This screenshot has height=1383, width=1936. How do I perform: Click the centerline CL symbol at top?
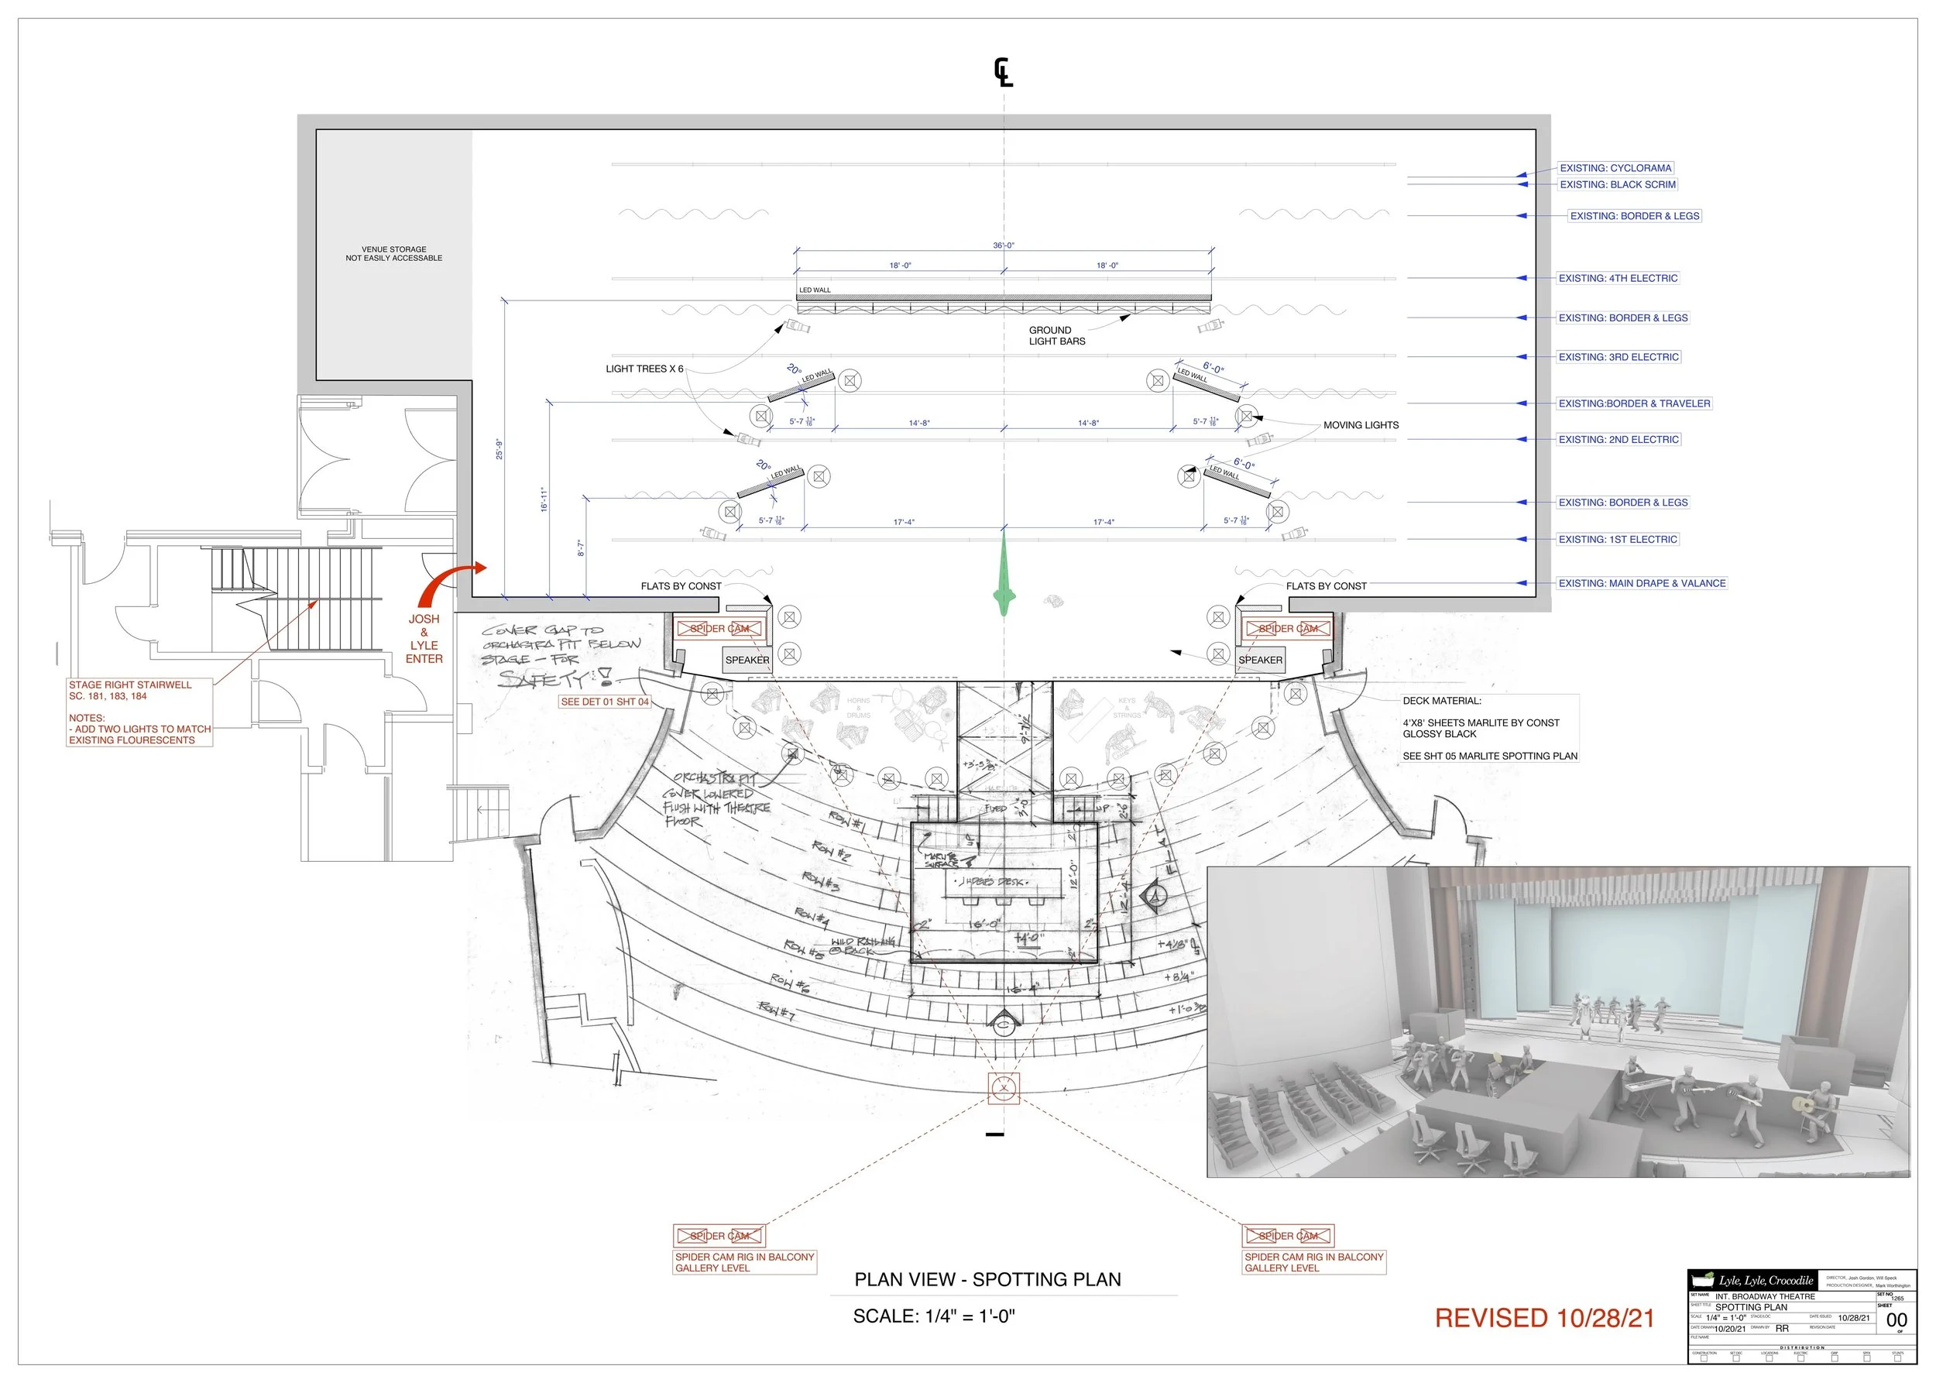(1004, 72)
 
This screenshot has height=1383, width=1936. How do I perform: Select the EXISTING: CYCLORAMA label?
(1615, 168)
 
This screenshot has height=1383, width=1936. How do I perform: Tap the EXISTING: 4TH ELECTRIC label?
(1618, 279)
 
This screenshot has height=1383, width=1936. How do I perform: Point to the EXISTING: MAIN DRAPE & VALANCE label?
(1641, 583)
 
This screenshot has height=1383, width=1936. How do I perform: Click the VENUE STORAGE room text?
(393, 254)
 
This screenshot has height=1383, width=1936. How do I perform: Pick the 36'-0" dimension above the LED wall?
(1004, 245)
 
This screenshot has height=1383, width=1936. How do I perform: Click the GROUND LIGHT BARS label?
(1056, 335)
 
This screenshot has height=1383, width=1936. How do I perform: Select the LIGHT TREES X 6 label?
(644, 369)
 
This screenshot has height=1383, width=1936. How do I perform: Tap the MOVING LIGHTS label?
(1360, 425)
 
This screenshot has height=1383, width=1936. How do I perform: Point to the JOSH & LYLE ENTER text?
(424, 639)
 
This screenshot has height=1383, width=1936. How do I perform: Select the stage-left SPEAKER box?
(1260, 660)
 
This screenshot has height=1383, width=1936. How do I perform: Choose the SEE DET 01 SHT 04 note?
(604, 702)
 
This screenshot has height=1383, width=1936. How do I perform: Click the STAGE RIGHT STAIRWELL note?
(130, 690)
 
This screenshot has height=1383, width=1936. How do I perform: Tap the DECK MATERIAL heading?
(1441, 701)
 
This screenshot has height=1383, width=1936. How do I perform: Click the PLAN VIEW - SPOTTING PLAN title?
(987, 1279)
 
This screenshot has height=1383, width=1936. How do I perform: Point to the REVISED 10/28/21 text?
(1543, 1318)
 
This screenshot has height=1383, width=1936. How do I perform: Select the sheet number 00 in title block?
(1896, 1320)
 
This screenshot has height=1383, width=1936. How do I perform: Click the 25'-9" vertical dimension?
(499, 449)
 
